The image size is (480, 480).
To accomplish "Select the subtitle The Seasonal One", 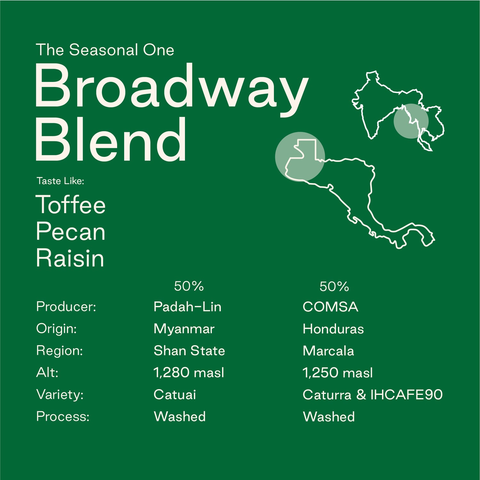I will pyautogui.click(x=105, y=50).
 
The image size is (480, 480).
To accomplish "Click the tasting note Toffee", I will pyautogui.click(x=71, y=205).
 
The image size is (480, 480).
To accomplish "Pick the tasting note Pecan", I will pyautogui.click(x=71, y=232).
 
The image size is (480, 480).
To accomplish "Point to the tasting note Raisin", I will pyautogui.click(x=70, y=258).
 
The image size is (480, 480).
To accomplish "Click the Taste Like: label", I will pyautogui.click(x=60, y=181).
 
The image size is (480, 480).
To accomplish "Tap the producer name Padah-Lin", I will pyautogui.click(x=187, y=307).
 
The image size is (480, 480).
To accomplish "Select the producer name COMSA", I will pyautogui.click(x=330, y=307).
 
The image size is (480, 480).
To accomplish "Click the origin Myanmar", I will pyautogui.click(x=184, y=329).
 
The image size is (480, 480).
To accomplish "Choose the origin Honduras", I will pyautogui.click(x=333, y=329).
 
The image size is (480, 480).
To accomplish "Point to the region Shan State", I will pyautogui.click(x=189, y=351).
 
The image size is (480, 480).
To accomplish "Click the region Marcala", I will pyautogui.click(x=328, y=351).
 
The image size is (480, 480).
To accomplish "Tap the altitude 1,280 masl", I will pyautogui.click(x=189, y=372).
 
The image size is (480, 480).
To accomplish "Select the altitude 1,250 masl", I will pyautogui.click(x=338, y=373).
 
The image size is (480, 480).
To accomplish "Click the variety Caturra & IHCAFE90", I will pyautogui.click(x=372, y=395).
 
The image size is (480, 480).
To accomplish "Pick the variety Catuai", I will pyautogui.click(x=175, y=395).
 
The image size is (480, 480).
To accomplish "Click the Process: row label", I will pyautogui.click(x=63, y=416).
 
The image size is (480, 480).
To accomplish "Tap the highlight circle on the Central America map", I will pyautogui.click(x=300, y=156).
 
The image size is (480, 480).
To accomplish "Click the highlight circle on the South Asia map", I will pyautogui.click(x=411, y=121).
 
